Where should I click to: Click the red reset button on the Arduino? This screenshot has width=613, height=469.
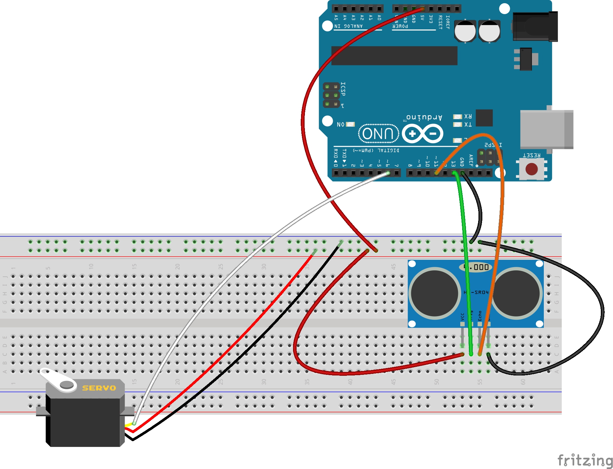pos(531,169)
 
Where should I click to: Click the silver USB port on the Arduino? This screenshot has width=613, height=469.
pos(546,129)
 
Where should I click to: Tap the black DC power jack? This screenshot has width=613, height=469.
pos(535,27)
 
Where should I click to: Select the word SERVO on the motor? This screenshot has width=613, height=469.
pos(99,388)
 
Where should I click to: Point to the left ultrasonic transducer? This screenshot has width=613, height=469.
pos(435,293)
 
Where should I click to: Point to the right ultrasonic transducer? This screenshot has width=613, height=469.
pos(516,293)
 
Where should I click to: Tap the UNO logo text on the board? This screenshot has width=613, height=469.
pos(378,133)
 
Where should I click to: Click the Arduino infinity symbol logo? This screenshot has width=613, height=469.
pos(422,134)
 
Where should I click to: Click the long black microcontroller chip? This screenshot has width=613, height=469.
pos(394,55)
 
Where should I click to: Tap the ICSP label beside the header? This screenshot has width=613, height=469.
pos(343,89)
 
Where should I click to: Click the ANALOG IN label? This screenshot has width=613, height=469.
pos(348,26)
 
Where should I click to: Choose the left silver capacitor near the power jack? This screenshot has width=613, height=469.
pos(465,31)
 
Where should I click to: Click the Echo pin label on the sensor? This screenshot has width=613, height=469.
pos(480,316)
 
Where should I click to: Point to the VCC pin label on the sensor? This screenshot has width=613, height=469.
pos(462,317)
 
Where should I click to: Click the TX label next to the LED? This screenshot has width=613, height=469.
pos(468,124)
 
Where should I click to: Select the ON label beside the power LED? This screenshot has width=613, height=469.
pos(340,124)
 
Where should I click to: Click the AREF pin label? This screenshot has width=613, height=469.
pos(471,160)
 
